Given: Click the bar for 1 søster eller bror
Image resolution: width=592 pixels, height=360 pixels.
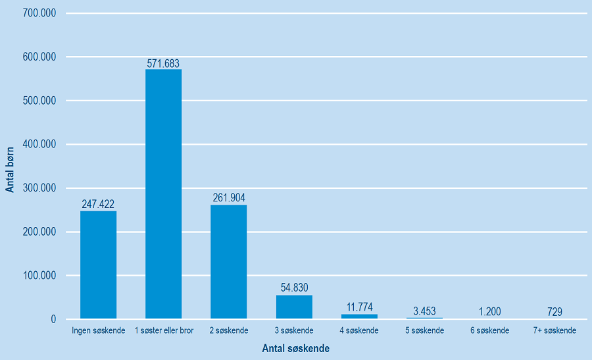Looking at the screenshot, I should (x=163, y=194).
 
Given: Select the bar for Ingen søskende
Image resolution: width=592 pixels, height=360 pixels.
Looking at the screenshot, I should (x=98, y=265).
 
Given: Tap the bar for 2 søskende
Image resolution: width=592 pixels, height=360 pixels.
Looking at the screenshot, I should (x=228, y=262).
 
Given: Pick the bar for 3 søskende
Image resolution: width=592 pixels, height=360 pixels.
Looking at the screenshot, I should (x=294, y=307).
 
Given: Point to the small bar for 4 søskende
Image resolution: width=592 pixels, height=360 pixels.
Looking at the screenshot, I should (x=359, y=317).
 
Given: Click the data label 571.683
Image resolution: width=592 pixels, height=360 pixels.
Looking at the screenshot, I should (x=163, y=63).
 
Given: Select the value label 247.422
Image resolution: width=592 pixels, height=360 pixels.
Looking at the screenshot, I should (x=98, y=205).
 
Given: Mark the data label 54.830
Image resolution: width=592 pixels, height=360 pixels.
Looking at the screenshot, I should (x=294, y=288).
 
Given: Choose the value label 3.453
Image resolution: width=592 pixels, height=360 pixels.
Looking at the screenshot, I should (x=424, y=311).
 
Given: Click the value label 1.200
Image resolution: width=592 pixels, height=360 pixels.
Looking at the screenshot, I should (x=489, y=311).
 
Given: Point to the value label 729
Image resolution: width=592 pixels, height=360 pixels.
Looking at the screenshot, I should (x=555, y=311).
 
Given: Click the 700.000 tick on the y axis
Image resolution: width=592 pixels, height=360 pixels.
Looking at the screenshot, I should (x=39, y=13).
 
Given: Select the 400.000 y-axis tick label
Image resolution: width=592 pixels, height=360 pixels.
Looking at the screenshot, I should (x=39, y=144).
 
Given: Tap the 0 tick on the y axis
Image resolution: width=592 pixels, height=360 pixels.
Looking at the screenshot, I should (x=53, y=319).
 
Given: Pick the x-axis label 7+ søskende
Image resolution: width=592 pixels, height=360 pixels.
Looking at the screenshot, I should (x=555, y=330).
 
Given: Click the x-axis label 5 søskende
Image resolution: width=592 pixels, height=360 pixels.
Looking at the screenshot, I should (x=424, y=330).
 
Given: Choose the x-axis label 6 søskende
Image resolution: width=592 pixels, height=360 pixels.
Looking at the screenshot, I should (x=489, y=330).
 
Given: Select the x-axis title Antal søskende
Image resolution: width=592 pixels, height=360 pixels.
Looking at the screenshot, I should (x=295, y=348).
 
